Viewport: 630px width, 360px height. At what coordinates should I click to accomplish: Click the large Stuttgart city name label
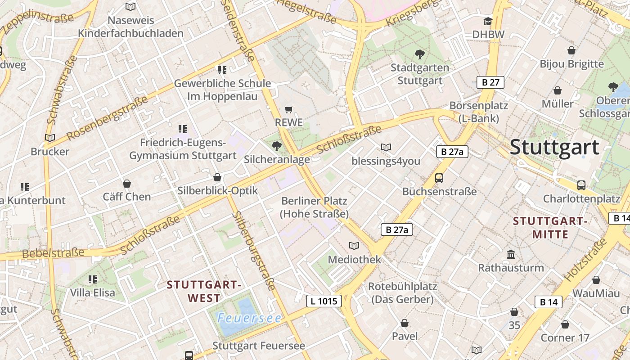pyautogui.click(x=554, y=147)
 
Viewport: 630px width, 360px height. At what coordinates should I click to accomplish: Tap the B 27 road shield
pyautogui.click(x=490, y=82)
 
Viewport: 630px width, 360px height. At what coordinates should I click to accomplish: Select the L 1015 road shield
pyautogui.click(x=324, y=301)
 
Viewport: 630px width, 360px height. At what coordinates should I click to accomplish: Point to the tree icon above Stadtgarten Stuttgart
pyautogui.click(x=419, y=55)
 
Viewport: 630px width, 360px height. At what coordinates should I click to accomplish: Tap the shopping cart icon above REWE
pyautogui.click(x=289, y=110)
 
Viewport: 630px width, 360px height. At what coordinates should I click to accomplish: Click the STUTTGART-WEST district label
pyautogui.click(x=204, y=291)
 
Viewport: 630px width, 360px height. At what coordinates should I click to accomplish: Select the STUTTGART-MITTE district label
pyautogui.click(x=550, y=228)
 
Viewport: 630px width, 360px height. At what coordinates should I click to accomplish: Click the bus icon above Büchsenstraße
pyautogui.click(x=439, y=178)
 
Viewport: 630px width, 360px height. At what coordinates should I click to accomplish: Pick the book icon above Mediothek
pyautogui.click(x=354, y=246)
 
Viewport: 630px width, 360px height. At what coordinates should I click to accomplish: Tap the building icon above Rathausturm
pyautogui.click(x=511, y=255)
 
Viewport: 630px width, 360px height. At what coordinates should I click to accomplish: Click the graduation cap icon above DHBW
pyautogui.click(x=488, y=22)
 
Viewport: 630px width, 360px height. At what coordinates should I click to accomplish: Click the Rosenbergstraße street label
pyautogui.click(x=107, y=118)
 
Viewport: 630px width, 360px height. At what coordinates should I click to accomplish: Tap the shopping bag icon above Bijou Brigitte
pyautogui.click(x=571, y=50)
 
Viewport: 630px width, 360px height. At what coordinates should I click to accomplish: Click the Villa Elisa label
pyautogui.click(x=92, y=292)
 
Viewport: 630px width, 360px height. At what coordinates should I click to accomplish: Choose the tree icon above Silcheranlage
pyautogui.click(x=277, y=146)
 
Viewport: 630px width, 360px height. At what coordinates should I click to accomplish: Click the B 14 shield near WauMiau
pyautogui.click(x=549, y=302)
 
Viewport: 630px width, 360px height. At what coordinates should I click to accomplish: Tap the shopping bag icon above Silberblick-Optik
pyautogui.click(x=217, y=178)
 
